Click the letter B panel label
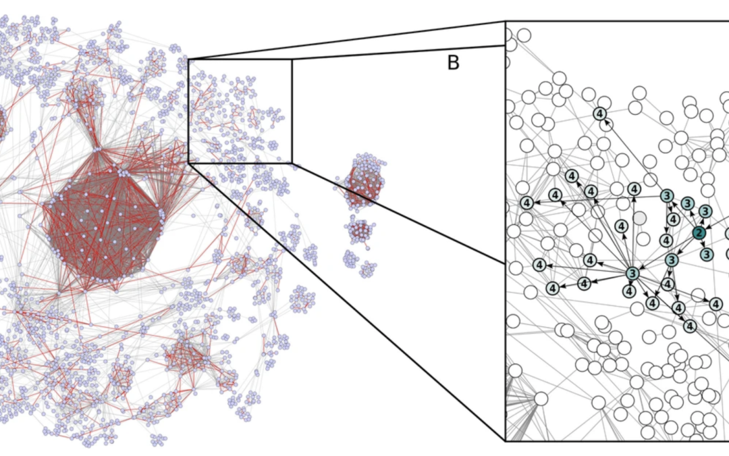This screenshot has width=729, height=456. click(x=454, y=64)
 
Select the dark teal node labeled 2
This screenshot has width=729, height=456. click(x=699, y=233)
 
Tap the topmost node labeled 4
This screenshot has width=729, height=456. click(x=600, y=115)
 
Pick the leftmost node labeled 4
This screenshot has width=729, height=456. click(x=527, y=202)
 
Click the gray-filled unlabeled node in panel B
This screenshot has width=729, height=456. click(x=639, y=218)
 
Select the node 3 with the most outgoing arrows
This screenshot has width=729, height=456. click(x=632, y=274)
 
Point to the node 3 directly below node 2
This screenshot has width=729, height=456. click(x=706, y=254)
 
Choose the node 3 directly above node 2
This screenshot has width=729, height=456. click(x=705, y=211)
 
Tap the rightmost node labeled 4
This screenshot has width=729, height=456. click(x=716, y=304)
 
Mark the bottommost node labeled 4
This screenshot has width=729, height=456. click(x=690, y=326)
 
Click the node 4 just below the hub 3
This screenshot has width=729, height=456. click(x=629, y=292)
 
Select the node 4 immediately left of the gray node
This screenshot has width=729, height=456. click(x=622, y=225)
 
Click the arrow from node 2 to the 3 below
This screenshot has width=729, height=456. click(x=703, y=244)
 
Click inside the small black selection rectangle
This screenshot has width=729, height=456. click(x=240, y=111)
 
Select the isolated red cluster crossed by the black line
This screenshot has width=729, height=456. click(x=364, y=182)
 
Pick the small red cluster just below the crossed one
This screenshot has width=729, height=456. click(x=359, y=231)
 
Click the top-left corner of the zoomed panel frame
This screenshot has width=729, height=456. click(x=506, y=21)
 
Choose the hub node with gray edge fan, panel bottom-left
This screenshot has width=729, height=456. click(x=541, y=399)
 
